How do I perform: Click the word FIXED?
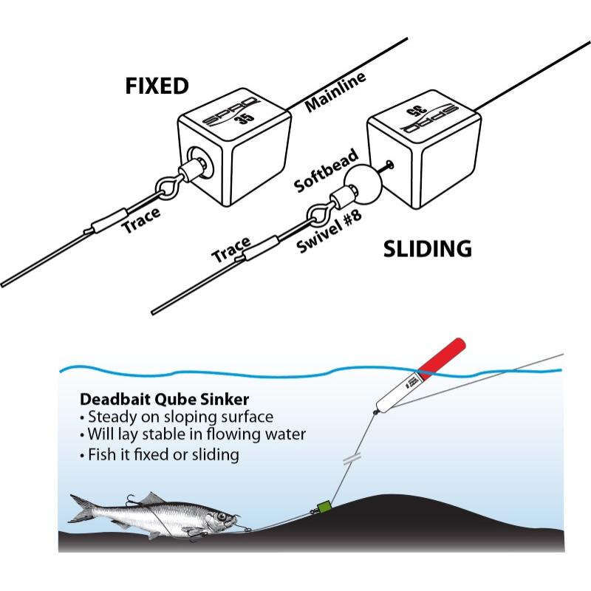156,86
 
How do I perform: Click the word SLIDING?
427,249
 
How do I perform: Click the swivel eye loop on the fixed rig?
166,188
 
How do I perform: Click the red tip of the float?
443,355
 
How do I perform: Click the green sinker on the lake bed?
322,508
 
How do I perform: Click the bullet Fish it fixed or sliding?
161,454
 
